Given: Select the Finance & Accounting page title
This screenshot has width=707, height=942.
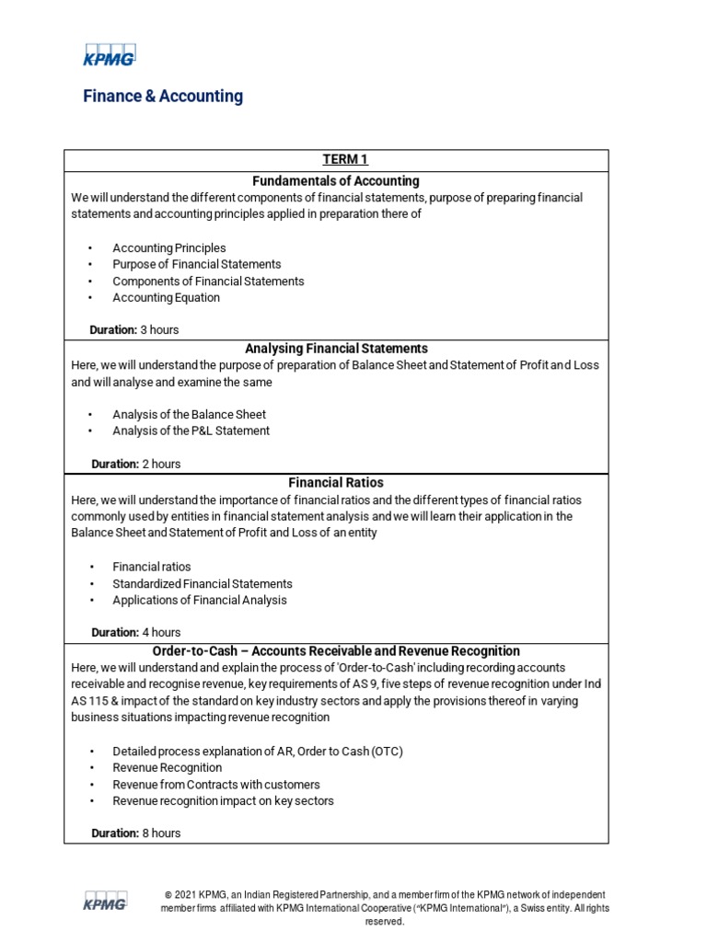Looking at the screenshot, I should tap(163, 96).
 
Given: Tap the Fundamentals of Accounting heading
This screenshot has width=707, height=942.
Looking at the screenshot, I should tap(336, 180).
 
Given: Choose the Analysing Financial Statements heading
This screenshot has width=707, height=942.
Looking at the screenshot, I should tap(336, 349).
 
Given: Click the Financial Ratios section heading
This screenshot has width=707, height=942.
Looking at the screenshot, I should tap(336, 482).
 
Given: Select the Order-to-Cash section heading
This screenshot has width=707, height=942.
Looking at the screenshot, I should tap(336, 650).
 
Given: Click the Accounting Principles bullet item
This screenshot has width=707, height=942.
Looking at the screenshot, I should tap(168, 248).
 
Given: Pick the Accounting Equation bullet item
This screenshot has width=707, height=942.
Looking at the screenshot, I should tap(166, 298).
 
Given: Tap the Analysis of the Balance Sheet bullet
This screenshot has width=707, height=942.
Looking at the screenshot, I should tap(189, 415).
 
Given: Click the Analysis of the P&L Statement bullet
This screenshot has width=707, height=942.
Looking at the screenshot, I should tap(191, 431).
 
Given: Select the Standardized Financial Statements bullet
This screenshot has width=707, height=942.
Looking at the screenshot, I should tap(202, 584).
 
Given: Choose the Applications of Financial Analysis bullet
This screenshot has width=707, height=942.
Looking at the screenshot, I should tap(199, 601).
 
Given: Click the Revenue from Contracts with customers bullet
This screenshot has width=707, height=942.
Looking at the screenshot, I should tap(215, 785).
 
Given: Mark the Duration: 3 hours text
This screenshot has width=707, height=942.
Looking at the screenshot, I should tap(133, 329).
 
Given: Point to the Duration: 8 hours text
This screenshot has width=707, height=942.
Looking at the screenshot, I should tap(135, 833).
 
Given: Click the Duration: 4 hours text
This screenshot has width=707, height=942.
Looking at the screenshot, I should tap(135, 633).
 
